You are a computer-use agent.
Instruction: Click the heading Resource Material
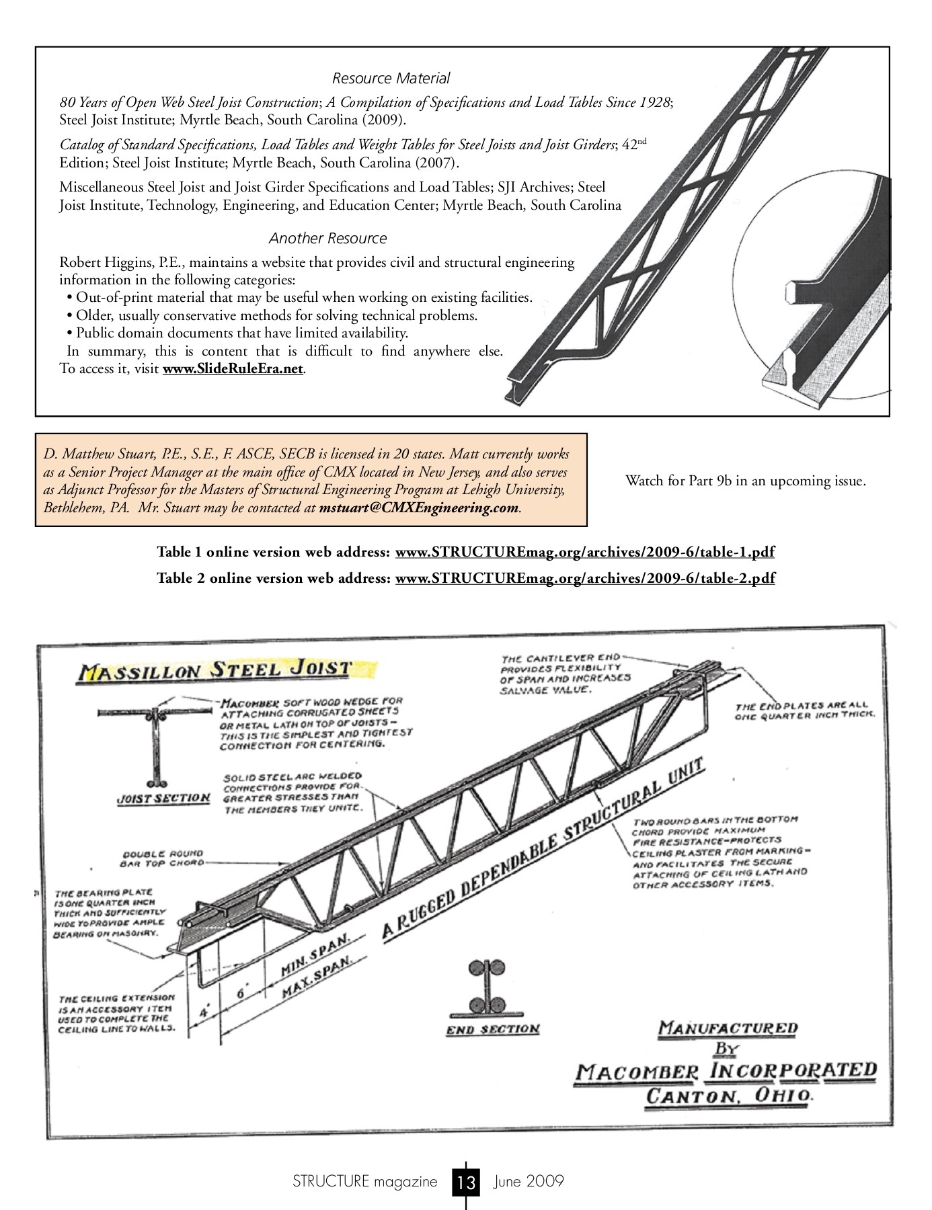point(391,78)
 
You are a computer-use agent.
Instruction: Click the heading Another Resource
point(327,238)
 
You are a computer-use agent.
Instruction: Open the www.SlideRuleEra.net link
point(233,368)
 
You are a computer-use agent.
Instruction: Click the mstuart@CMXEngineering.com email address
point(419,508)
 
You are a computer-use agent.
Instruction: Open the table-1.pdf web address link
point(584,552)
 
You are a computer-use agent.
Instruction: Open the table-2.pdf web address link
point(584,578)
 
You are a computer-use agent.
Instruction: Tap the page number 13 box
point(466,1181)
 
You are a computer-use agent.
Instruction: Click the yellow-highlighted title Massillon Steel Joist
point(215,670)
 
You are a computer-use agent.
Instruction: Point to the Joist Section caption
point(163,798)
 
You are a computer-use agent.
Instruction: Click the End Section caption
point(493,1029)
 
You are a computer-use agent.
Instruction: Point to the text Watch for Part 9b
point(745,481)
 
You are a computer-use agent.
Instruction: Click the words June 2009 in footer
point(529,1181)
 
